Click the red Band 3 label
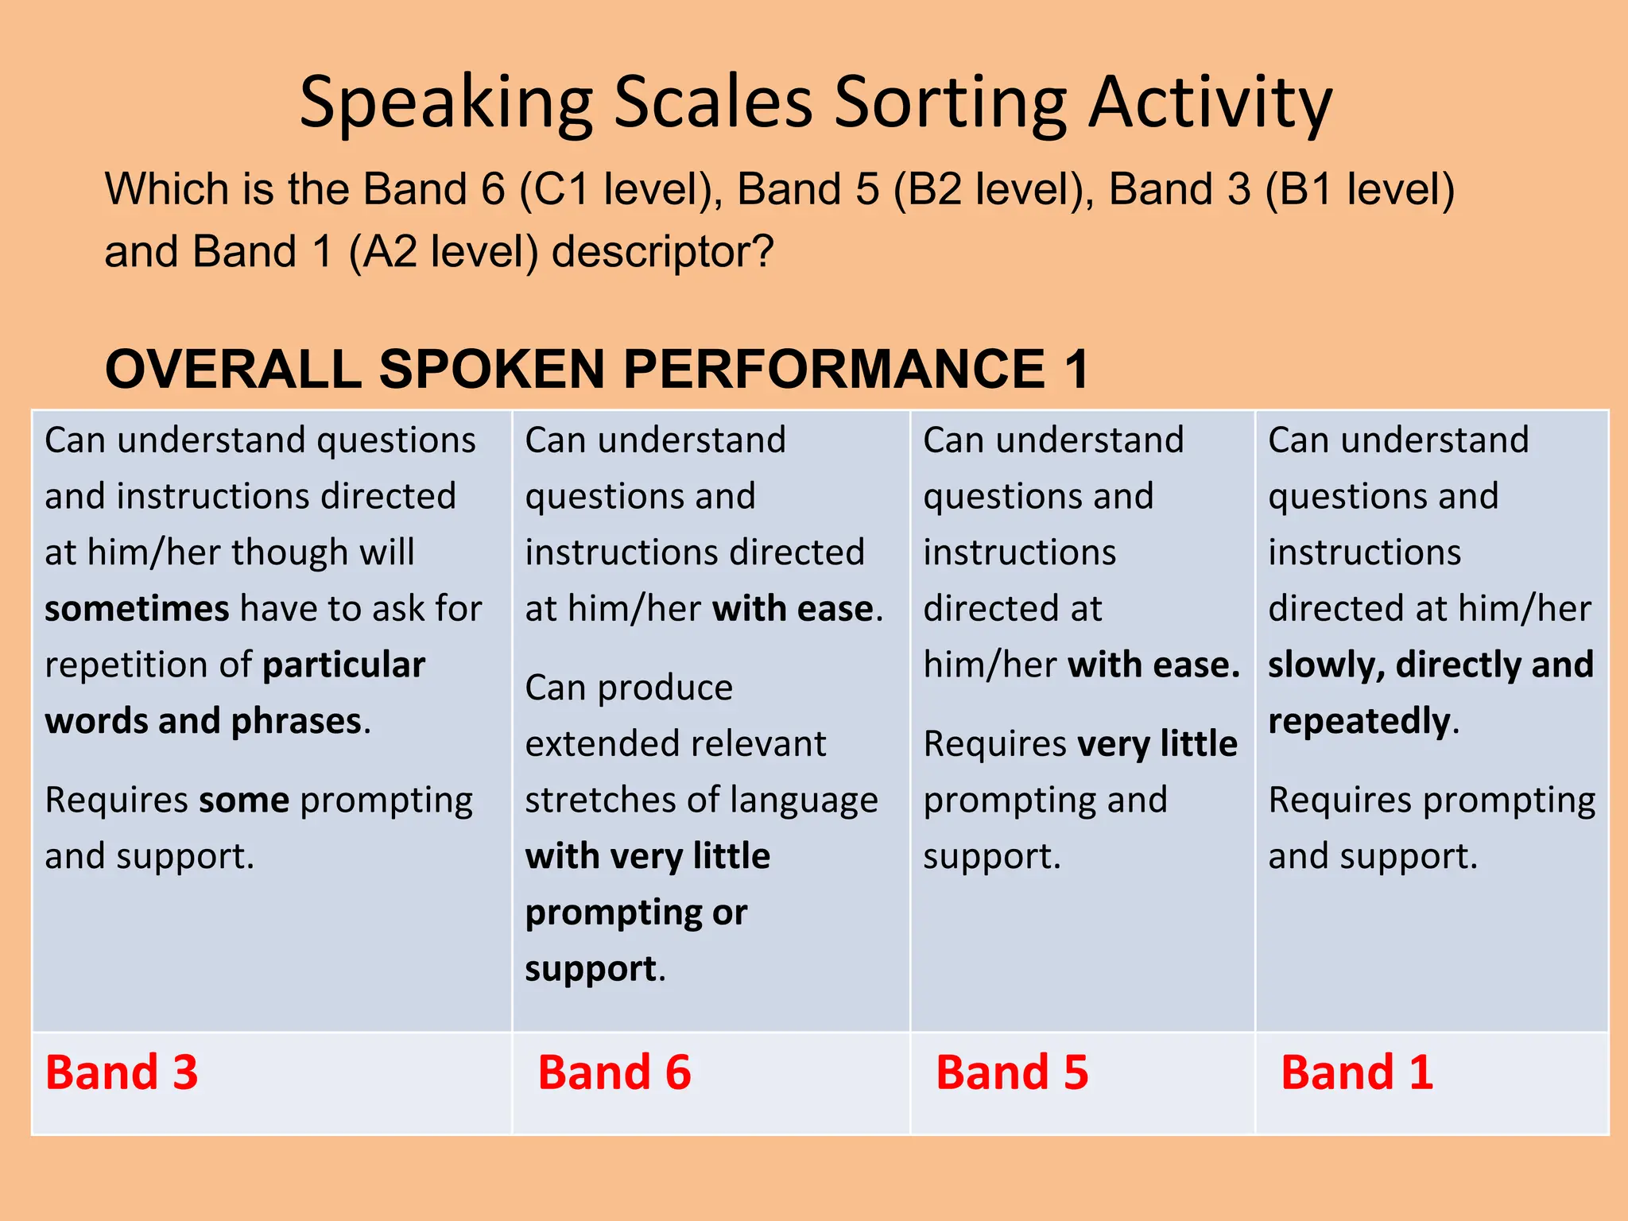pyautogui.click(x=121, y=1072)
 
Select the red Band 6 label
pyautogui.click(x=614, y=1072)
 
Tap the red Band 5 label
pyautogui.click(x=1011, y=1072)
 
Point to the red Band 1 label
pyautogui.click(x=1356, y=1072)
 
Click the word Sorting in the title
pyautogui.click(x=950, y=103)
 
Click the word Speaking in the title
pyautogui.click(x=446, y=103)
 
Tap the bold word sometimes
pyautogui.click(x=137, y=609)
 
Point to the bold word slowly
pyautogui.click(x=1325, y=665)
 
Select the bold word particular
pyautogui.click(x=344, y=665)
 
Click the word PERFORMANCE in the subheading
pyautogui.click(x=834, y=370)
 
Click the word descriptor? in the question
pyautogui.click(x=662, y=252)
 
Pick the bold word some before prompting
pyautogui.click(x=244, y=800)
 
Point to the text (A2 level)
pyautogui.click(x=443, y=252)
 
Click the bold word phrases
pyautogui.click(x=296, y=721)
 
